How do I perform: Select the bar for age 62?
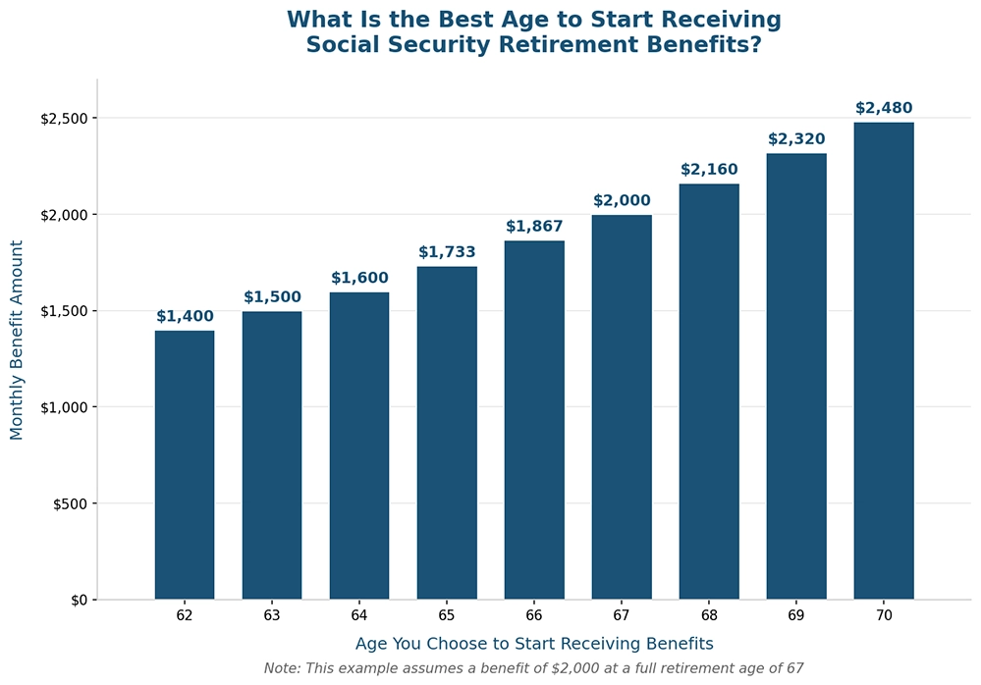point(184,465)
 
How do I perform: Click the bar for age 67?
point(621,407)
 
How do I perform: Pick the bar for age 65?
point(446,433)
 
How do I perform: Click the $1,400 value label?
point(184,316)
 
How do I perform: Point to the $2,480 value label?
point(883,108)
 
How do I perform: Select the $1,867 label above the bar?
point(534,227)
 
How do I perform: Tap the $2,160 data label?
point(708,170)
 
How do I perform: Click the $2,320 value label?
point(795,139)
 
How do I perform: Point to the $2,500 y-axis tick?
point(64,119)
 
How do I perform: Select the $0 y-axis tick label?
point(78,600)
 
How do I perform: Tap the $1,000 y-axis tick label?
point(64,407)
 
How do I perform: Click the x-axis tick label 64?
point(358,616)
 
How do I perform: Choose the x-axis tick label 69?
point(795,616)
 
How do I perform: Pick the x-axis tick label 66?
point(534,616)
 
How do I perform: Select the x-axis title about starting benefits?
point(533,644)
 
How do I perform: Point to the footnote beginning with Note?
point(533,668)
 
